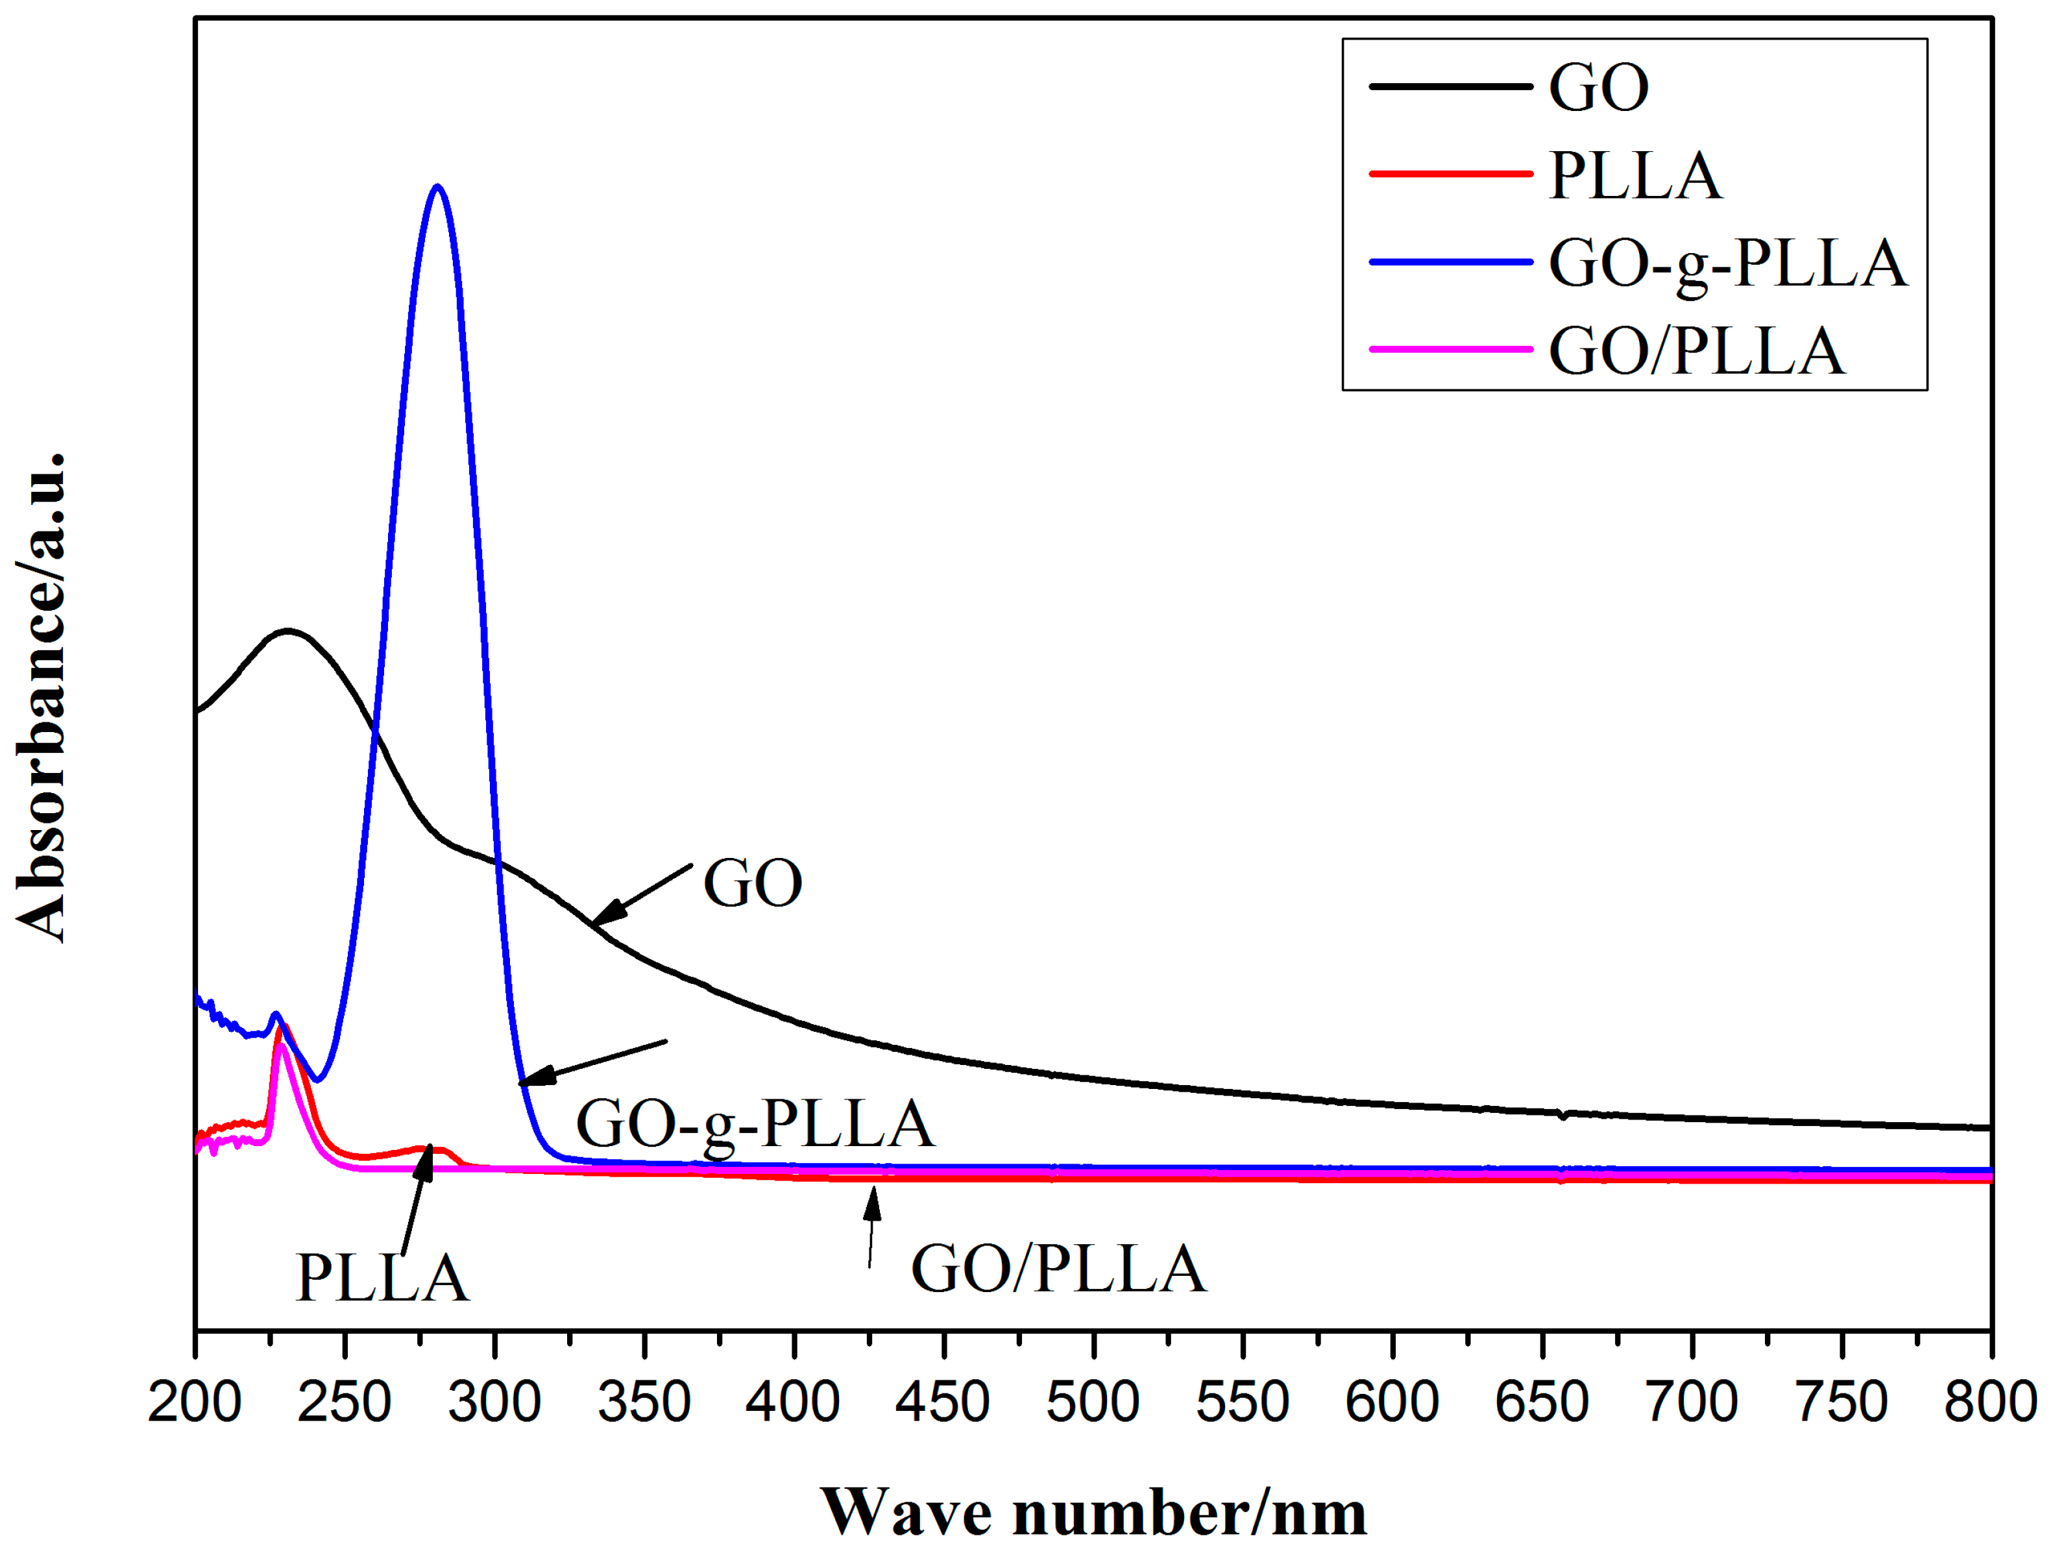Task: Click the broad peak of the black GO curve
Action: coord(289,631)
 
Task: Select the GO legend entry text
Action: coord(1598,88)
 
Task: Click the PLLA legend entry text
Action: coord(1635,175)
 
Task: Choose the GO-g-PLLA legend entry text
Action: coord(1727,263)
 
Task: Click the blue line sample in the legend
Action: coord(1450,263)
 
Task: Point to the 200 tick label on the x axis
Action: coord(195,1402)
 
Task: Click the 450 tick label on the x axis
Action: coord(942,1402)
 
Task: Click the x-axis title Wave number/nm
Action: coord(1093,1513)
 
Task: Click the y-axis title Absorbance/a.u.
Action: coord(42,696)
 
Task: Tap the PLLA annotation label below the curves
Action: coord(382,1278)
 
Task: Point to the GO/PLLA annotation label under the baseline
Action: coord(1058,1269)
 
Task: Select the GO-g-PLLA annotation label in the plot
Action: coord(755,1124)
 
